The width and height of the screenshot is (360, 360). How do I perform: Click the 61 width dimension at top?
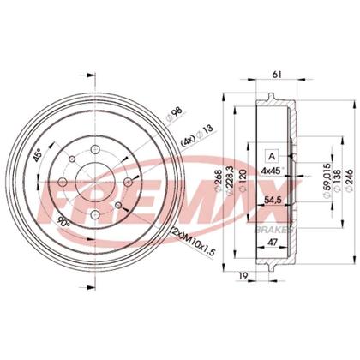coord(277,75)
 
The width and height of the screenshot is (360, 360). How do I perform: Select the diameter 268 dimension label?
coord(219,181)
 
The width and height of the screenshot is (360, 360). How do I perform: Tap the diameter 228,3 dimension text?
coord(230,181)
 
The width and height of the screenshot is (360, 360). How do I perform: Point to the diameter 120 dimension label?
coord(243,181)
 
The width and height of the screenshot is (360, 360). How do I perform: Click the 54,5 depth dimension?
coord(272,201)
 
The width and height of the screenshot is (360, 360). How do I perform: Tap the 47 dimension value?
coord(273,243)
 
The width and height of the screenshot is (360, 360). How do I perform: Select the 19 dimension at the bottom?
coord(243,275)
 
